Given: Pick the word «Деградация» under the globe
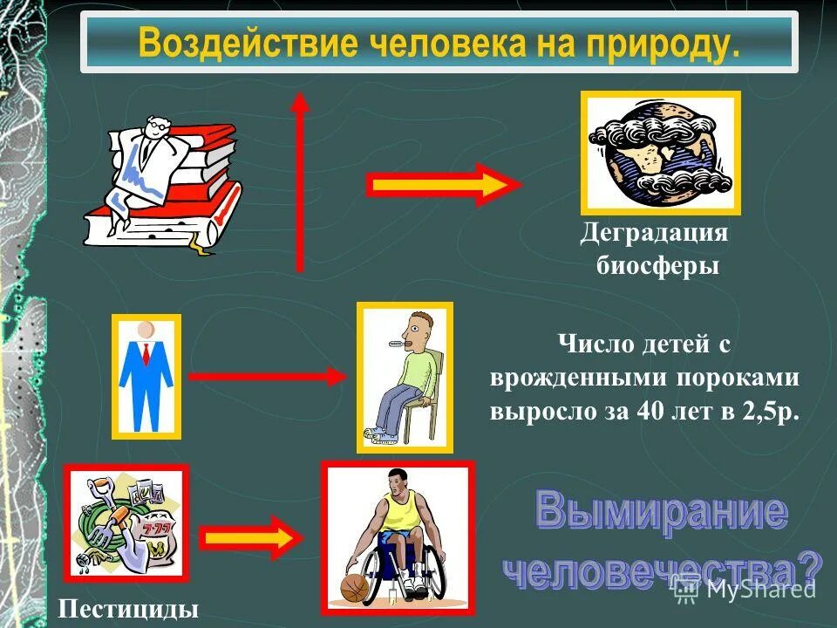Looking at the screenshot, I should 654,234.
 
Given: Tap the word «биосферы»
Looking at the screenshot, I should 657,265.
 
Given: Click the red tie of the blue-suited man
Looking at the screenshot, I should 146,353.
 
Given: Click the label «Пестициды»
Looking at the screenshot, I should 129,609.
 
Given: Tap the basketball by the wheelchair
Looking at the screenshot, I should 354,587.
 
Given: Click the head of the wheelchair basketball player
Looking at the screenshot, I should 397,481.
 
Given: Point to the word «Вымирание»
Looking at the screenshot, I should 660,511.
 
